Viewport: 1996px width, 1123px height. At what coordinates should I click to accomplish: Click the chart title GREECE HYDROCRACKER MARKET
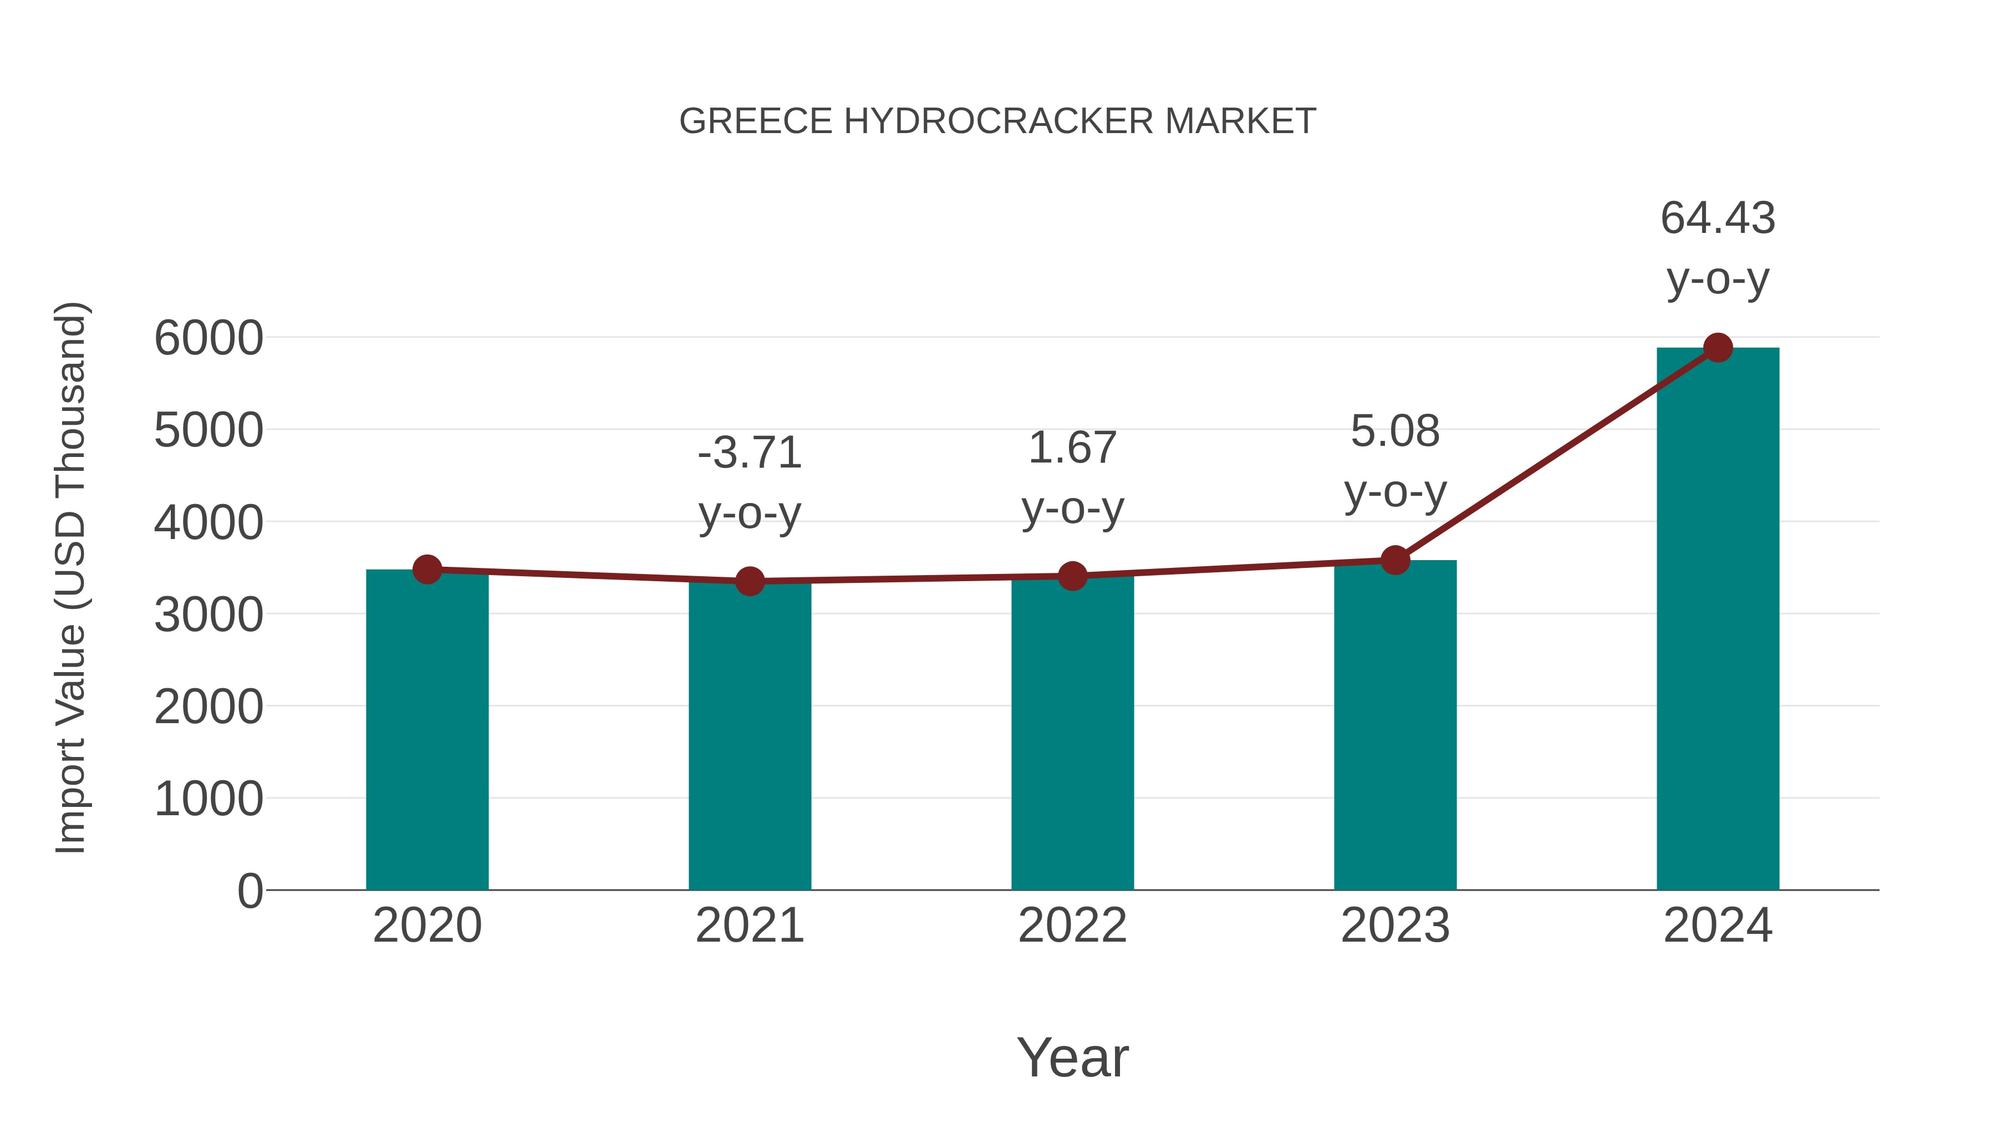997,121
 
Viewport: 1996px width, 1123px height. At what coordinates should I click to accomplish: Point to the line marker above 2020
427,570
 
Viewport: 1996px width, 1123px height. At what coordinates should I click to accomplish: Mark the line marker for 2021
749,581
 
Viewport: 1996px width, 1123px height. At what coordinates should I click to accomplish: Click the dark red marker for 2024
1718,348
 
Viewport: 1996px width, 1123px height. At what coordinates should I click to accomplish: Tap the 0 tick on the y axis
249,891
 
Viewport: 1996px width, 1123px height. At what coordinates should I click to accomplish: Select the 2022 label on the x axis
1072,926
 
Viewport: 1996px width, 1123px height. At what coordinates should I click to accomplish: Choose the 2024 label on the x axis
1718,926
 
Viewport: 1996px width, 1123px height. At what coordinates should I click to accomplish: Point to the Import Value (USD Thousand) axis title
70,577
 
